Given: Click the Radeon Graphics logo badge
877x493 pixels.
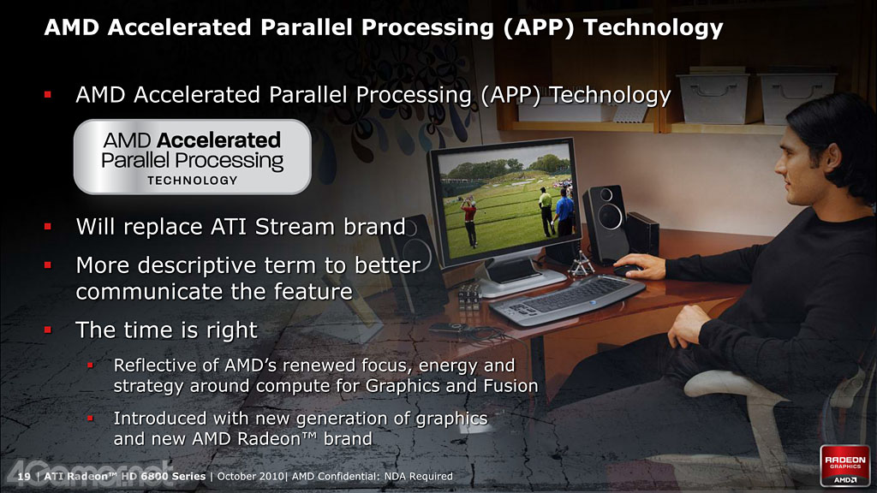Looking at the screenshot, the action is [844, 466].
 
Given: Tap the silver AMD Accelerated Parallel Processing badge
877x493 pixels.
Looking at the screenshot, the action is [193, 157].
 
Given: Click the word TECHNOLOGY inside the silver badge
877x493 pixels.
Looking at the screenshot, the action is [193, 181].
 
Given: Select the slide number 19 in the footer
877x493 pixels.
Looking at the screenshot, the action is [24, 477].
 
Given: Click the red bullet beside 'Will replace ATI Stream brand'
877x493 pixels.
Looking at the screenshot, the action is [48, 226].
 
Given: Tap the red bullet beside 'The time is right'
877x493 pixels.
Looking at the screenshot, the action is [48, 330].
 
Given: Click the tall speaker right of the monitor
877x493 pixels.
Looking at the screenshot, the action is [606, 223].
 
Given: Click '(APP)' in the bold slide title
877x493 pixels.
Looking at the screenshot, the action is [539, 27].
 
